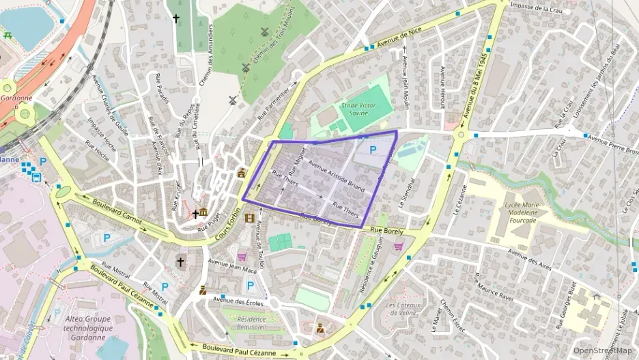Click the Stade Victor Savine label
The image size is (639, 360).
point(358,109)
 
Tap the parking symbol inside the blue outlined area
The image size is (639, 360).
point(373,149)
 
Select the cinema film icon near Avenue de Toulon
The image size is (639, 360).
point(249,218)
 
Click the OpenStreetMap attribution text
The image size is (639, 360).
point(602,350)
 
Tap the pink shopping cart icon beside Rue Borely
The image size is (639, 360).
point(399,246)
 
